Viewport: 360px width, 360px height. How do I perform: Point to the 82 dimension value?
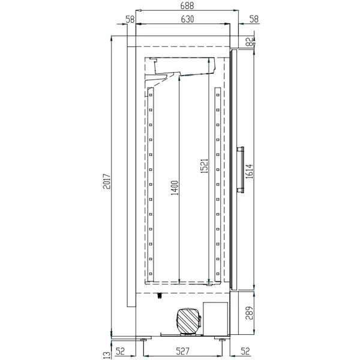pyautogui.click(x=248, y=41)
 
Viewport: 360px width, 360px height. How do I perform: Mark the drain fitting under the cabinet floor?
pyautogui.click(x=160, y=295)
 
